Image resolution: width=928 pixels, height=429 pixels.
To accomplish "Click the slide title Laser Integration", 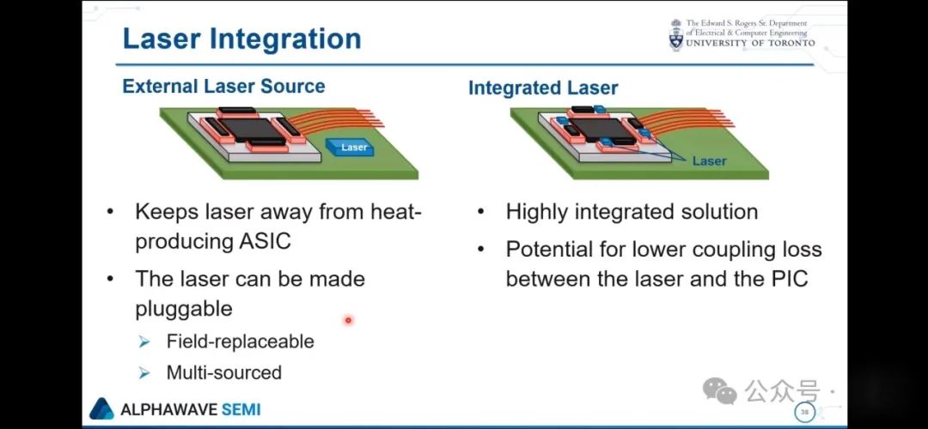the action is (242, 39).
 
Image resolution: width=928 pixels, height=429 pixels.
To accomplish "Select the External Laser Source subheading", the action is (223, 87).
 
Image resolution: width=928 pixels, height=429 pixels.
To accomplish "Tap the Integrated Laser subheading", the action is (543, 88).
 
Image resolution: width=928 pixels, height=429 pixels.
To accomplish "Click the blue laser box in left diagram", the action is (350, 147).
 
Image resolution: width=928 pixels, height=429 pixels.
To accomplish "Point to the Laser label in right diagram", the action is (709, 160).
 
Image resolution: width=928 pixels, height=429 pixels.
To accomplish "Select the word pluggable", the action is (184, 309).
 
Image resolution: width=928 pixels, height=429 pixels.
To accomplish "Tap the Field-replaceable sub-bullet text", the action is (240, 341).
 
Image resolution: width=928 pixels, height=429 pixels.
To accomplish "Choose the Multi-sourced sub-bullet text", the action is (223, 372).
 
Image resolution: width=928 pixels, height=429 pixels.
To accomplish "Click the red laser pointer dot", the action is (348, 320).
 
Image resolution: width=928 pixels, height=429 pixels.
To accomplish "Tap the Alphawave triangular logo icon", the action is (101, 409).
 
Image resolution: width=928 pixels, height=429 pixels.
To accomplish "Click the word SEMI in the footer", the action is (241, 409).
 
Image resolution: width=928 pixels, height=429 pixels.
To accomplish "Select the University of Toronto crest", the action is (676, 35).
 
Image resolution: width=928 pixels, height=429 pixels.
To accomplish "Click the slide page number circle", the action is (804, 412).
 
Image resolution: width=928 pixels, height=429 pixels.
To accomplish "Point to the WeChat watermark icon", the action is (720, 391).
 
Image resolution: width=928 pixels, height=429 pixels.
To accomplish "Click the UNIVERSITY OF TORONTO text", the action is (750, 43).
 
